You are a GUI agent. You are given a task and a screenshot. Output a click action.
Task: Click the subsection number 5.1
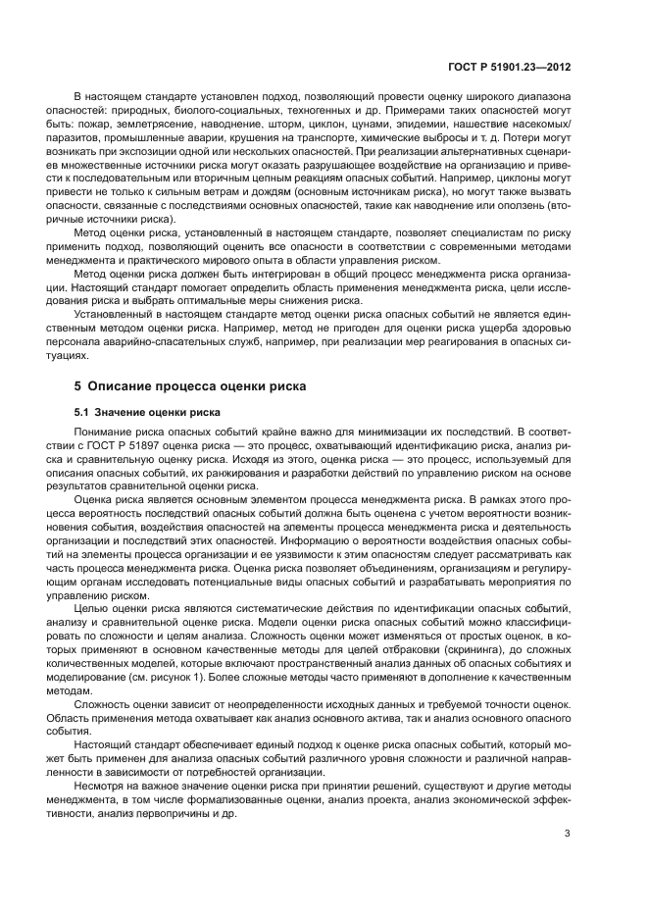83,411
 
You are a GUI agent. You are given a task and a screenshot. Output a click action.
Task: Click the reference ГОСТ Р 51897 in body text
127,444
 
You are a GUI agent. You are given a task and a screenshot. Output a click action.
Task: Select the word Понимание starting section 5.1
105,432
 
